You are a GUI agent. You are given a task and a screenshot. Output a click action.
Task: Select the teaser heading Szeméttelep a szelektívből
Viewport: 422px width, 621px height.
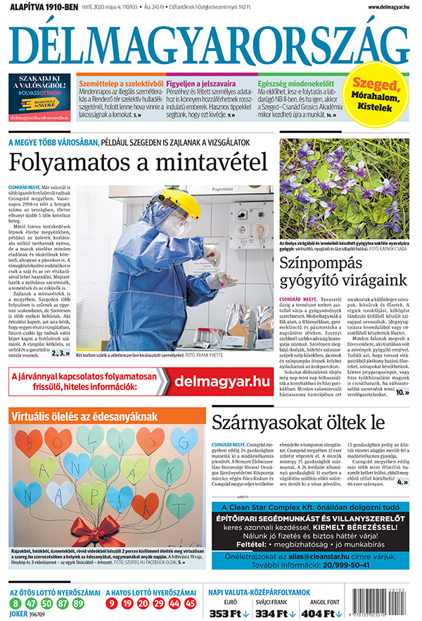(x=120, y=83)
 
